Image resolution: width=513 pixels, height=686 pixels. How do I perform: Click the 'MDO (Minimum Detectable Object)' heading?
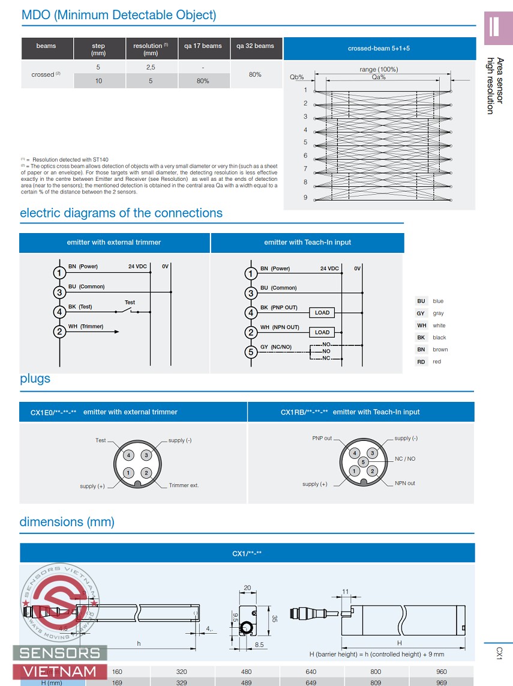[119, 16]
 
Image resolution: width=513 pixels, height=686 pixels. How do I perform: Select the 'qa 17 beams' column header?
[203, 46]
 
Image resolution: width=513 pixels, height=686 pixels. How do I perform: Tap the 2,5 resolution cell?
[151, 67]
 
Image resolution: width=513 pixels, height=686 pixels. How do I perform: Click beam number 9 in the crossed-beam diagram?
[305, 198]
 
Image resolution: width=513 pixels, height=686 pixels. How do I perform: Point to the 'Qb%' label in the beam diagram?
[297, 77]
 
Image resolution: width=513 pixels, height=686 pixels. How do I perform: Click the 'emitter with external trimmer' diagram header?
[114, 243]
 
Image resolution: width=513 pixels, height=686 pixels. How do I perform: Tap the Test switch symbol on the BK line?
[130, 311]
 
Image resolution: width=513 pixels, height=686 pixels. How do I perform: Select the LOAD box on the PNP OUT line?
[322, 312]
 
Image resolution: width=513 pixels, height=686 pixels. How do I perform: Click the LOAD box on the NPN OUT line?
[322, 332]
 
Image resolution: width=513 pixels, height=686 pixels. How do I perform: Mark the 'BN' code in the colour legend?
[421, 350]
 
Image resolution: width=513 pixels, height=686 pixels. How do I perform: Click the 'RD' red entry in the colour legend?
[421, 362]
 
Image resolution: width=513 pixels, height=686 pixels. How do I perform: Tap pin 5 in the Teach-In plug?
[363, 462]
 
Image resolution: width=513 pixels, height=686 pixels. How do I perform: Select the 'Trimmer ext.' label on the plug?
[184, 485]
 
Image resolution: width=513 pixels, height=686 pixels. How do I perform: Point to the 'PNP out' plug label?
[322, 439]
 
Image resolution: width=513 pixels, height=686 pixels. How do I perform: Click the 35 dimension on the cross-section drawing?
[274, 618]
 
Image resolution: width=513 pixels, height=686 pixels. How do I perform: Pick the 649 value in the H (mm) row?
[311, 682]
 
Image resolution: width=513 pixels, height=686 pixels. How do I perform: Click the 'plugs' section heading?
[35, 379]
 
